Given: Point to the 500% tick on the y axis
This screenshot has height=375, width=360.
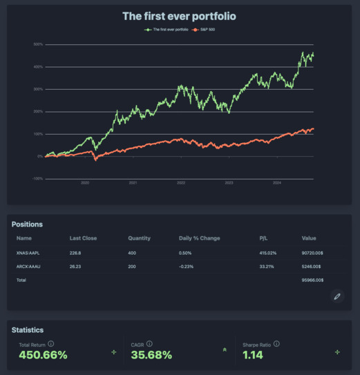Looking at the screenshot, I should click(38, 44).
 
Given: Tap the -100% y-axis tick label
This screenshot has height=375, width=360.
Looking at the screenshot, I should click(37, 179).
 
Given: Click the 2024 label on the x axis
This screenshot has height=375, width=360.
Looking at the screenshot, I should click(277, 183).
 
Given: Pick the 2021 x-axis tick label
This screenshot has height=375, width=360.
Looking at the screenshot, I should click(133, 183).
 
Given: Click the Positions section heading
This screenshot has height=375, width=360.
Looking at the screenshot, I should click(28, 224).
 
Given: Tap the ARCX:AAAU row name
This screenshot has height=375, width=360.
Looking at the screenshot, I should click(30, 267).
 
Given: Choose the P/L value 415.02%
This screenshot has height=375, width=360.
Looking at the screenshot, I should click(267, 253).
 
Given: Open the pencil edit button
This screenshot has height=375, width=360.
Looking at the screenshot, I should click(337, 296).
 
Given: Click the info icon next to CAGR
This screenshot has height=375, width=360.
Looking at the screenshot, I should click(149, 344).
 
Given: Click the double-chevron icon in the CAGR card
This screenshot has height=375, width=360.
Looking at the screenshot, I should click(225, 350).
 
